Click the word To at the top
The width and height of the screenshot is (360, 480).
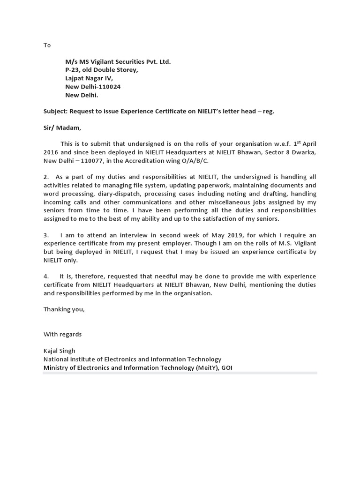tap(47, 45)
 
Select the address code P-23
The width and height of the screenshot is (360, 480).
tap(73, 70)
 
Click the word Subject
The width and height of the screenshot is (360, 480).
tap(55, 111)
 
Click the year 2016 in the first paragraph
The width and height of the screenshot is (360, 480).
tap(52, 152)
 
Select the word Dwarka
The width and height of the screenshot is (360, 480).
tap(304, 152)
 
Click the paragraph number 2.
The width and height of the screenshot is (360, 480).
tap(46, 177)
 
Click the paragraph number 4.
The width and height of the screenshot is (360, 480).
tap(46, 276)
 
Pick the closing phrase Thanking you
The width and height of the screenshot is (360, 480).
tap(64, 309)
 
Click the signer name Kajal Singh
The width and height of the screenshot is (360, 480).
tap(60, 351)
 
